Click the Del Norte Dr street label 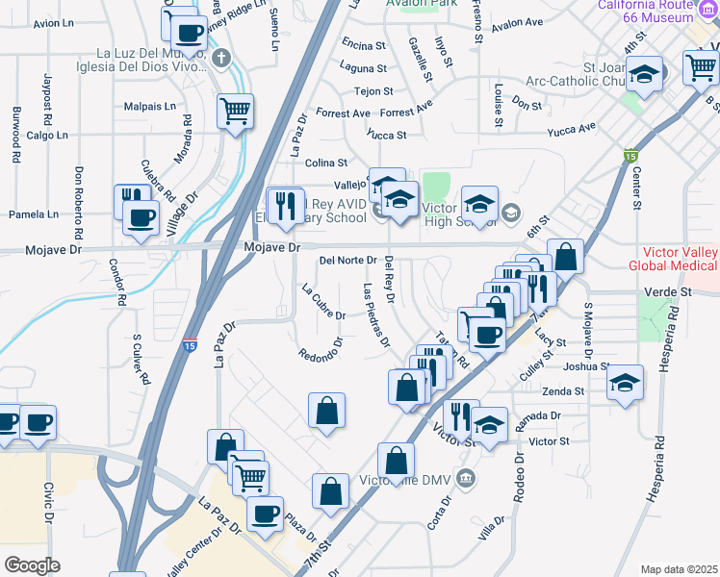point(347,260)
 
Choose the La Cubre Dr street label point(322,302)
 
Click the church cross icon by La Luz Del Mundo point(221,57)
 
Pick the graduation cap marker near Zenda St point(625,383)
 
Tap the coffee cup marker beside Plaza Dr point(265,513)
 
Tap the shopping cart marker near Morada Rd point(235,112)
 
